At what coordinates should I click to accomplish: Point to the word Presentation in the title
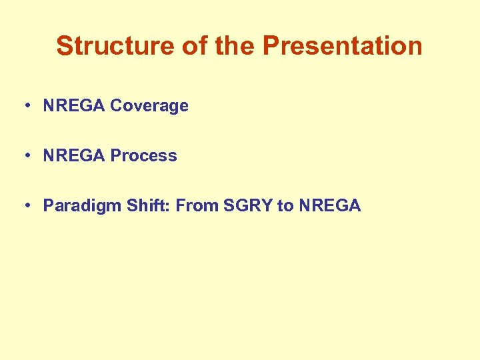[343, 46]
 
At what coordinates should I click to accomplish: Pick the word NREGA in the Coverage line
[74, 105]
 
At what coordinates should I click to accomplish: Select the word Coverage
[149, 105]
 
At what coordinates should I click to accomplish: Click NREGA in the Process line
[74, 155]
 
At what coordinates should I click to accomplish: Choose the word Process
[143, 155]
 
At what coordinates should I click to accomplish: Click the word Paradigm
[79, 206]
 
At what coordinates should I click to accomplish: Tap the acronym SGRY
[248, 205]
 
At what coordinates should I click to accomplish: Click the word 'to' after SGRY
[285, 205]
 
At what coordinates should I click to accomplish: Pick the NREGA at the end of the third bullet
[329, 205]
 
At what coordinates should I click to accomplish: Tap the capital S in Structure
[64, 46]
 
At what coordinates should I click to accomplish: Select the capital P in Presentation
[271, 46]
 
